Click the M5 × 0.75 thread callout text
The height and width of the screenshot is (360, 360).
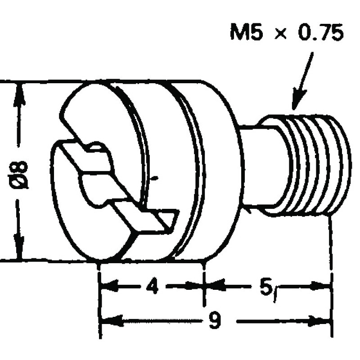[x=287, y=34]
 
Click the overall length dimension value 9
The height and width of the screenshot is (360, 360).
[x=216, y=321]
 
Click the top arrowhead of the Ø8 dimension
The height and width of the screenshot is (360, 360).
[x=18, y=90]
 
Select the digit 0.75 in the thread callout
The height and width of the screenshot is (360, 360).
[x=318, y=34]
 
